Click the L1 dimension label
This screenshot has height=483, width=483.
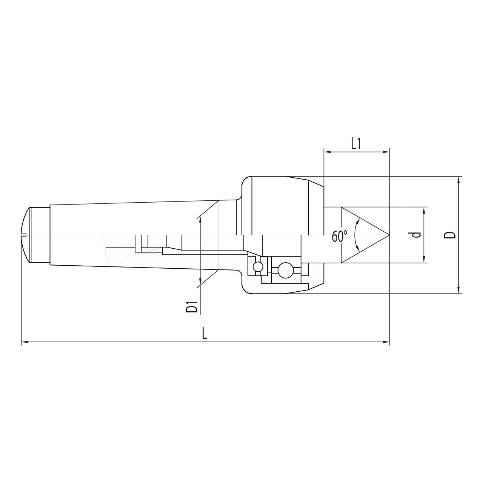pyautogui.click(x=356, y=144)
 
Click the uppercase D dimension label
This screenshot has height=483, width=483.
pyautogui.click(x=451, y=235)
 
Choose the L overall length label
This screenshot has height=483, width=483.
pyautogui.click(x=205, y=334)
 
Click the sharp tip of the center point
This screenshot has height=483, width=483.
pyautogui.click(x=389, y=235)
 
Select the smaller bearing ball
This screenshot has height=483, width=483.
pyautogui.click(x=258, y=266)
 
